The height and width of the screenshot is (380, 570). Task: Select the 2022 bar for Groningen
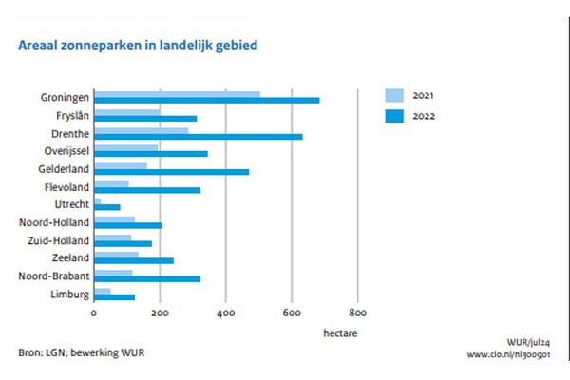[x=207, y=100]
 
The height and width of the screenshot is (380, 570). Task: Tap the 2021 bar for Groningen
[x=177, y=94]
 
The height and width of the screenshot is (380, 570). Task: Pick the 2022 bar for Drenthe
[x=199, y=136]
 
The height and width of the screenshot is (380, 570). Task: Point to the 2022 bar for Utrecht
[x=107, y=206]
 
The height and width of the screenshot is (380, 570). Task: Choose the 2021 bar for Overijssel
[x=126, y=147]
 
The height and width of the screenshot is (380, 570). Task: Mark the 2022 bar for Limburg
[x=115, y=296]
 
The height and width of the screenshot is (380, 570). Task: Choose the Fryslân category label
[x=70, y=115]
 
